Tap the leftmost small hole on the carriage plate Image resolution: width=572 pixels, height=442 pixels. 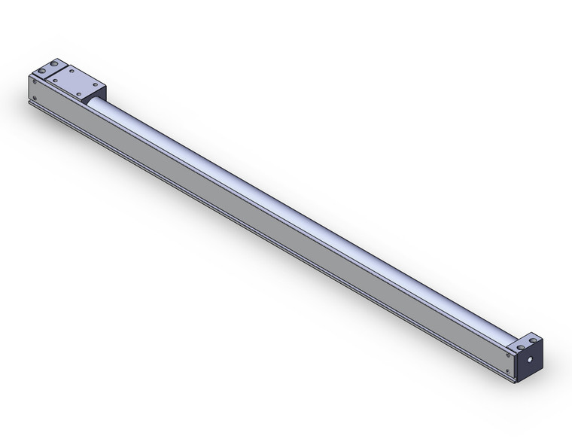click(55, 81)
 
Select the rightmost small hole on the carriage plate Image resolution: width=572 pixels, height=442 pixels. click(96, 84)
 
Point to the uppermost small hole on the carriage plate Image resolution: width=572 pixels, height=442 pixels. click(71, 71)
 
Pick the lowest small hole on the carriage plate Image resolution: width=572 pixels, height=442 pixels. click(79, 94)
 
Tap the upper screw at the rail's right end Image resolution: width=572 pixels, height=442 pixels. click(508, 355)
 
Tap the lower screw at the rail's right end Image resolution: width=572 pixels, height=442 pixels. click(507, 371)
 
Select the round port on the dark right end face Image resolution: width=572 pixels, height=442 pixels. click(530, 359)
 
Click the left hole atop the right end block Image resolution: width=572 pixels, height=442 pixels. click(521, 347)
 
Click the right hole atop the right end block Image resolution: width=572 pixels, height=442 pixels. click(533, 340)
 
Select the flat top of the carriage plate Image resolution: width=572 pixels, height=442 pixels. click(75, 81)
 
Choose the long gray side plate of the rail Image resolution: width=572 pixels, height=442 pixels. click(263, 226)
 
